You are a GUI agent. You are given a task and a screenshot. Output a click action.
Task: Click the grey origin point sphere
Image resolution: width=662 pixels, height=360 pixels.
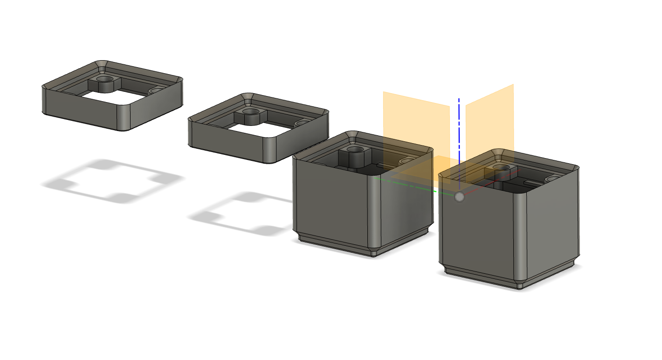click(459, 197)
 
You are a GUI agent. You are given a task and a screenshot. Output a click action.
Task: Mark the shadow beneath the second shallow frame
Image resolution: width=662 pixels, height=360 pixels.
click(242, 215)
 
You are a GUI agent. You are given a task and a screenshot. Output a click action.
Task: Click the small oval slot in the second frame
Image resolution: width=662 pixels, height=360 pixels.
click(302, 123)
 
